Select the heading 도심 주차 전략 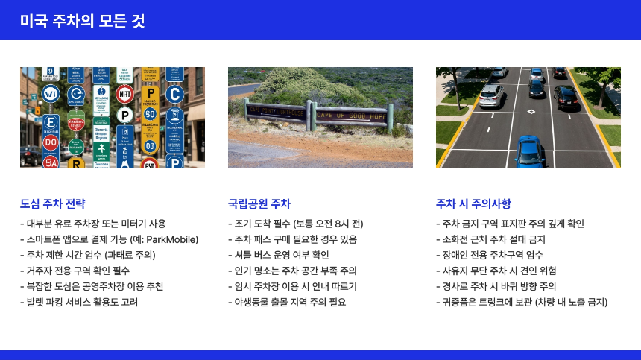(x=53, y=203)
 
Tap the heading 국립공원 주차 (x=259, y=203)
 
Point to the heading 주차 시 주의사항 (x=473, y=203)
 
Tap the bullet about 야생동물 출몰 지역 (x=287, y=302)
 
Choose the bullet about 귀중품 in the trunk (x=522, y=302)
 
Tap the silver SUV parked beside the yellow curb (x=491, y=95)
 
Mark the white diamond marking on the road (x=531, y=112)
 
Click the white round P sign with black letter (x=125, y=116)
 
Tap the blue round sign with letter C (x=174, y=94)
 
